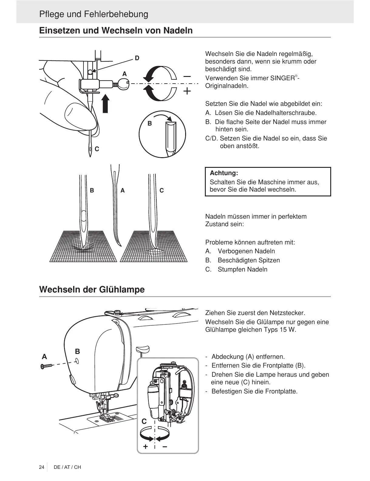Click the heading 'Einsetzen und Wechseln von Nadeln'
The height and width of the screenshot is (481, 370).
tap(116, 31)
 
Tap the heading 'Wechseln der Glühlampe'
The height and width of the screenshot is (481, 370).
tap(92, 289)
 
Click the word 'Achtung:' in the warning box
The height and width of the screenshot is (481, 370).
tap(224, 173)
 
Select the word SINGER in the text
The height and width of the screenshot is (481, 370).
tap(282, 78)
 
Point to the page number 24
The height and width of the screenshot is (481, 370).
tap(42, 467)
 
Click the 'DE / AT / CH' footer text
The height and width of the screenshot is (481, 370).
tap(67, 467)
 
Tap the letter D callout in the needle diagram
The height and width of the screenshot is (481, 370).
tap(137, 58)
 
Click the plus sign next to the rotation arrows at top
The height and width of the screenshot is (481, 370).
tap(187, 91)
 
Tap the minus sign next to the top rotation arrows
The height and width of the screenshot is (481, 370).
tap(187, 76)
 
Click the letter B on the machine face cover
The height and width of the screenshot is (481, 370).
tap(77, 351)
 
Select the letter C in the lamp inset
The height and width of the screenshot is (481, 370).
tap(144, 421)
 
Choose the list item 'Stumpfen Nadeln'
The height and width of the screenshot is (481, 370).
tap(242, 269)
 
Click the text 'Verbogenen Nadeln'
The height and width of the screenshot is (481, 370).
tap(246, 251)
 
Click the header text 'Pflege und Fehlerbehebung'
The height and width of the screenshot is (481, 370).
tap(93, 14)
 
